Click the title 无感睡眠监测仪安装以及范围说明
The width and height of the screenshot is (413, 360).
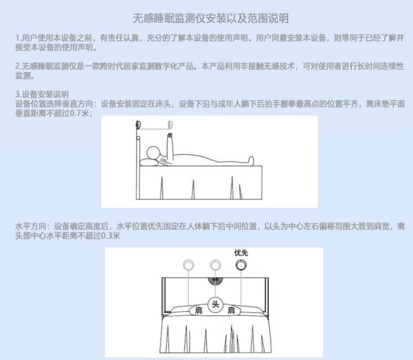pyautogui.click(x=211, y=18)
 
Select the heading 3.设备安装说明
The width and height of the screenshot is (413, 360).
pyautogui.click(x=42, y=94)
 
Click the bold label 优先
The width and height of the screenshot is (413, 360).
pyautogui.click(x=241, y=253)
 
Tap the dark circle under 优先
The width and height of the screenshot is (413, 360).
pyautogui.click(x=241, y=265)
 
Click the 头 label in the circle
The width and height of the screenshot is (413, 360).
pyautogui.click(x=215, y=305)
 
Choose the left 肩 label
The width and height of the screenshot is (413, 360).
pyautogui.click(x=199, y=310)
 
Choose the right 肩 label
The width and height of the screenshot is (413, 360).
pyautogui.click(x=231, y=310)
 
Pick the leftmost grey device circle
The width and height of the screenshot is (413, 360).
pyautogui.click(x=188, y=265)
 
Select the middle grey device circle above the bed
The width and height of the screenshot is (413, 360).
pyautogui.click(x=215, y=265)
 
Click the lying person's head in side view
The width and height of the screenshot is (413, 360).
pyautogui.click(x=154, y=153)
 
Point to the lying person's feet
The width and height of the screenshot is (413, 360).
pyautogui.click(x=251, y=160)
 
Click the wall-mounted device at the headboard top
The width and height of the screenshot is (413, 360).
pyautogui.click(x=138, y=125)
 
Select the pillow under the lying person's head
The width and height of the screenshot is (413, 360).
pyautogui.click(x=149, y=163)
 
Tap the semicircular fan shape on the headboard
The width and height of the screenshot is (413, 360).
pyautogui.click(x=215, y=281)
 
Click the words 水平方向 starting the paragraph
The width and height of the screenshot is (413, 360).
pyautogui.click(x=31, y=226)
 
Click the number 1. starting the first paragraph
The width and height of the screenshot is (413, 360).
pyautogui.click(x=18, y=38)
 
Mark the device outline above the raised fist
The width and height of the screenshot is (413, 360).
pyautogui.click(x=170, y=125)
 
